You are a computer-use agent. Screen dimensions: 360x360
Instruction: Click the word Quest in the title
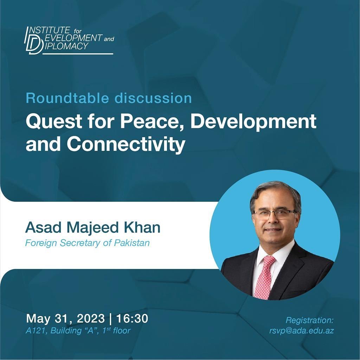[x=51, y=122]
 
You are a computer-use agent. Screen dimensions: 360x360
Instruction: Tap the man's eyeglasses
[x=275, y=214]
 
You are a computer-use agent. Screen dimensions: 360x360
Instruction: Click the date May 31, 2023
[x=65, y=319]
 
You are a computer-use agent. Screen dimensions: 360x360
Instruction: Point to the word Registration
[x=309, y=320]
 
